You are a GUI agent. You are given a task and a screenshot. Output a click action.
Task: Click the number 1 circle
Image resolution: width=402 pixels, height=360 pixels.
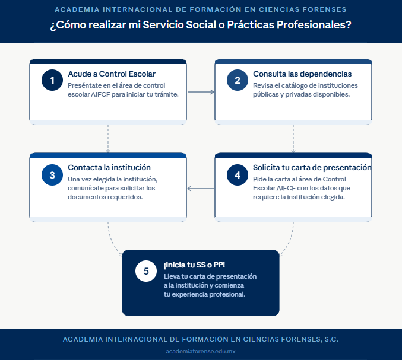(x=52, y=80)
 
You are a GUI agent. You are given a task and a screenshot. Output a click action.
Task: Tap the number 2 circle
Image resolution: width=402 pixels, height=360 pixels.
(x=238, y=80)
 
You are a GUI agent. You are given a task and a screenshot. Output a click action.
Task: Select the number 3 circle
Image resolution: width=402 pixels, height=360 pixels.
(x=52, y=175)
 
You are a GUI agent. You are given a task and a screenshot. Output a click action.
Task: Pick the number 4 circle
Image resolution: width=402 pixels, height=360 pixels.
(x=238, y=175)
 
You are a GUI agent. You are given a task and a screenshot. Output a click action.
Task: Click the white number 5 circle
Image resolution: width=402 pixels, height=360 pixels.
(x=146, y=271)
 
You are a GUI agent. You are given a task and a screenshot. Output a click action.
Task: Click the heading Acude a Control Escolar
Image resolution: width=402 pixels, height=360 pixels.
(x=112, y=74)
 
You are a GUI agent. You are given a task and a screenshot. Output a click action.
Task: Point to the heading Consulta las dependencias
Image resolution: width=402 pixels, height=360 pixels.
(x=302, y=74)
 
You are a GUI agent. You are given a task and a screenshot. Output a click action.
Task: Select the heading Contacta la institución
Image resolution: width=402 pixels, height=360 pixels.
(x=109, y=167)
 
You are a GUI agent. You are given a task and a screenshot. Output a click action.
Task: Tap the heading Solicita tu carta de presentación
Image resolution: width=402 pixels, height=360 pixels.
(x=312, y=167)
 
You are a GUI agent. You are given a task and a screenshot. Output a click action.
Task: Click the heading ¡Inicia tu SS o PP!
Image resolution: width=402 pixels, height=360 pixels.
(x=194, y=265)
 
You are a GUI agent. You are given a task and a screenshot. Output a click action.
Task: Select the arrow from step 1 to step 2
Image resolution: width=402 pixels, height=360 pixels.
(x=201, y=92)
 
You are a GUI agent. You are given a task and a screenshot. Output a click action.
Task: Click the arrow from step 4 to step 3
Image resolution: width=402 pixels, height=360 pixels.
(x=201, y=189)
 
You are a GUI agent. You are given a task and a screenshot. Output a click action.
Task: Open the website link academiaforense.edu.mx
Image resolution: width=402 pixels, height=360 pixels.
(x=201, y=351)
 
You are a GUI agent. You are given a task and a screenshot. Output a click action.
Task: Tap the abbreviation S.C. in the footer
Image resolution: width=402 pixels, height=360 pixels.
(x=331, y=339)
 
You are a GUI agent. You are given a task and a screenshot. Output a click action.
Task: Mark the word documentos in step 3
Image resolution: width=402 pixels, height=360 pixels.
(x=83, y=197)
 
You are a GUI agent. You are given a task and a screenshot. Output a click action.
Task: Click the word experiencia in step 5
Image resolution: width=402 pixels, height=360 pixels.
(x=189, y=294)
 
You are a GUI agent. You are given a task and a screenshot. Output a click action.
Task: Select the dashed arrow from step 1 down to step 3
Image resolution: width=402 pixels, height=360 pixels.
(x=108, y=139)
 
